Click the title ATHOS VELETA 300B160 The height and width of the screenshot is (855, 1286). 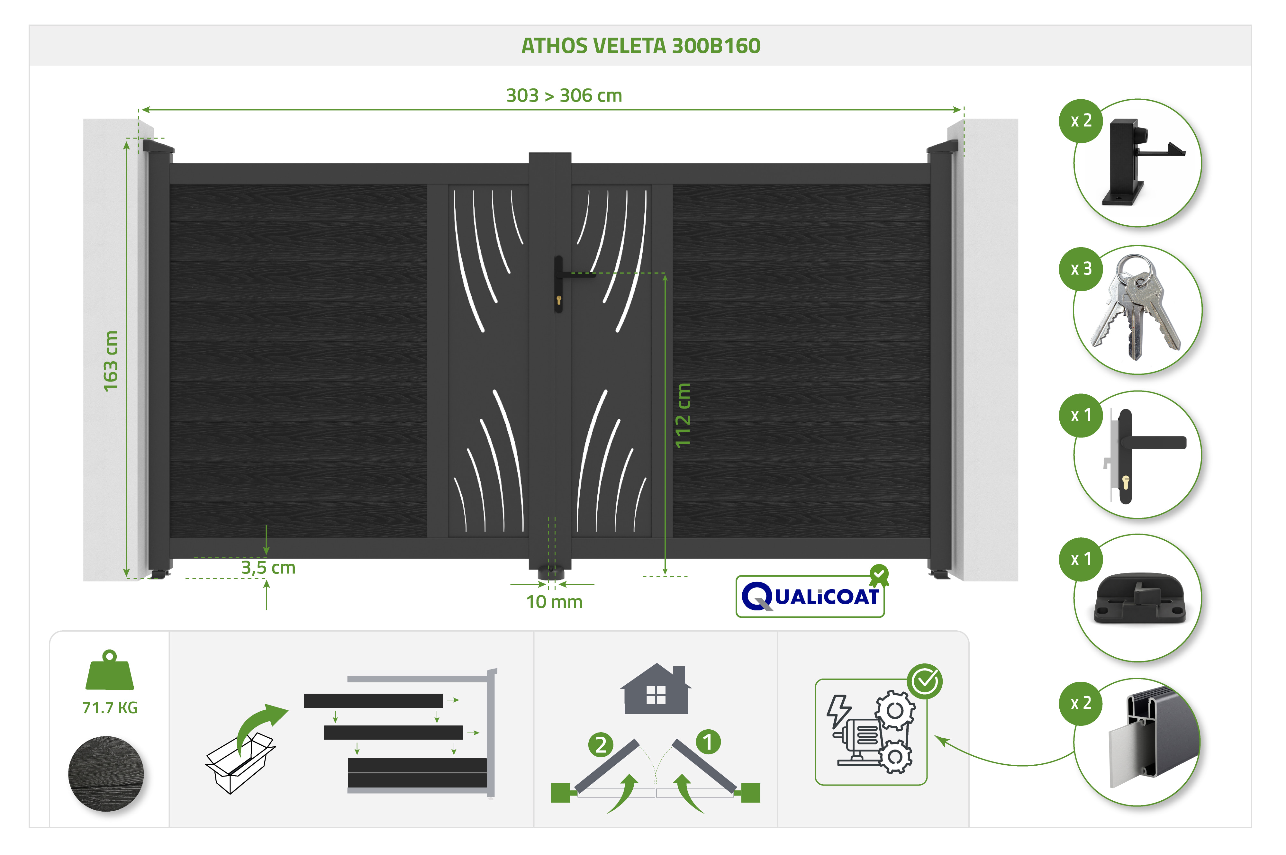click(x=641, y=46)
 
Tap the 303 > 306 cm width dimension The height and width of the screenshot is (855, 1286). click(x=564, y=95)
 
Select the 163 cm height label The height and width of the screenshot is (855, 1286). click(x=111, y=361)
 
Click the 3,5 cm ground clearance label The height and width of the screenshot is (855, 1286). click(x=268, y=568)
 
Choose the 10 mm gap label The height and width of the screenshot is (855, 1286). click(x=554, y=602)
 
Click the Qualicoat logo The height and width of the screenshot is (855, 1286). click(x=811, y=593)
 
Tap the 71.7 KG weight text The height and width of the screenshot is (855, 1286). click(x=110, y=708)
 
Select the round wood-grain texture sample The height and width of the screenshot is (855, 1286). click(x=106, y=774)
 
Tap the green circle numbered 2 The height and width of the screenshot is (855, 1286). click(x=601, y=745)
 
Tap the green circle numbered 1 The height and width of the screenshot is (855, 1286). click(x=708, y=742)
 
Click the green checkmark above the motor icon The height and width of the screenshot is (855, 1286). click(x=925, y=681)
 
